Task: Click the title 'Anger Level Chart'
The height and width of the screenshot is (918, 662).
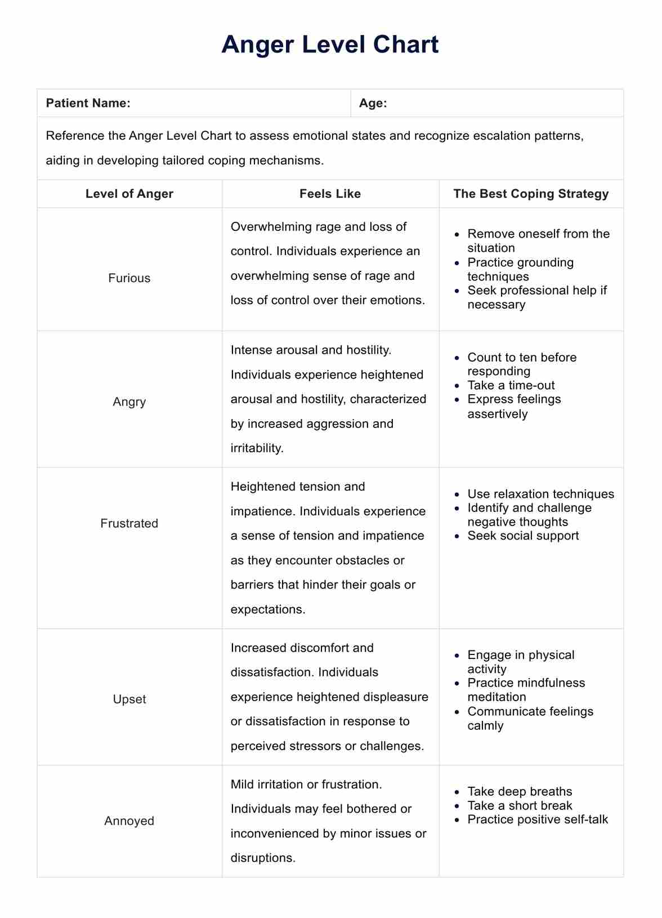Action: (330, 44)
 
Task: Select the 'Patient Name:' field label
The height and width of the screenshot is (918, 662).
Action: (88, 103)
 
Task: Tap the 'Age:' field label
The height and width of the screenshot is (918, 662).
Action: (373, 103)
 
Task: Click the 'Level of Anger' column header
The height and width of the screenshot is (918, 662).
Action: (129, 194)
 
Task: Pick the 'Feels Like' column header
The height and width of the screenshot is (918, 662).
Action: (330, 194)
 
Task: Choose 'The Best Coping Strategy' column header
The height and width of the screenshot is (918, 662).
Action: (531, 194)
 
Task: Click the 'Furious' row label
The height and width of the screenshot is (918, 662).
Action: (129, 278)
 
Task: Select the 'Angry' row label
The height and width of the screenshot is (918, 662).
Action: (129, 402)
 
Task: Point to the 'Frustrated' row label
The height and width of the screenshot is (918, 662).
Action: (129, 523)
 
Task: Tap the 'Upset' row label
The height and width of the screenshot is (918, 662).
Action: (129, 699)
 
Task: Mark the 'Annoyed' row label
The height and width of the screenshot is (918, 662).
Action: (129, 821)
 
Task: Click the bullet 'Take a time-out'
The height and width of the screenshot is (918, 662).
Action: (511, 385)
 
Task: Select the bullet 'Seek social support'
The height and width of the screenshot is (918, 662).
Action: (523, 536)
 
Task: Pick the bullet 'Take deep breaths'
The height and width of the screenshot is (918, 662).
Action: (520, 791)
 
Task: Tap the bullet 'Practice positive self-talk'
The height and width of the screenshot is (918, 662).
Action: (538, 819)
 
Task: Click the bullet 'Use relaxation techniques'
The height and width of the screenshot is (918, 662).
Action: (540, 494)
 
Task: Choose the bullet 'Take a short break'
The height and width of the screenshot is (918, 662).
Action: (520, 805)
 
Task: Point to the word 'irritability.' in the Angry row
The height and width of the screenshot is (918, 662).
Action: (257, 448)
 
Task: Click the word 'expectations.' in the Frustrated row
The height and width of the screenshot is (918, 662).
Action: (268, 609)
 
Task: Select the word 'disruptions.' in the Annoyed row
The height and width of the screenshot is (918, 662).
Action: (263, 858)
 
